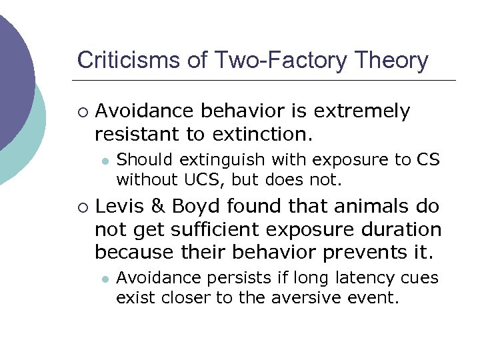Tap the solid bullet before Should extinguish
[105, 161]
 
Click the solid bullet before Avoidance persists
[105, 278]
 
